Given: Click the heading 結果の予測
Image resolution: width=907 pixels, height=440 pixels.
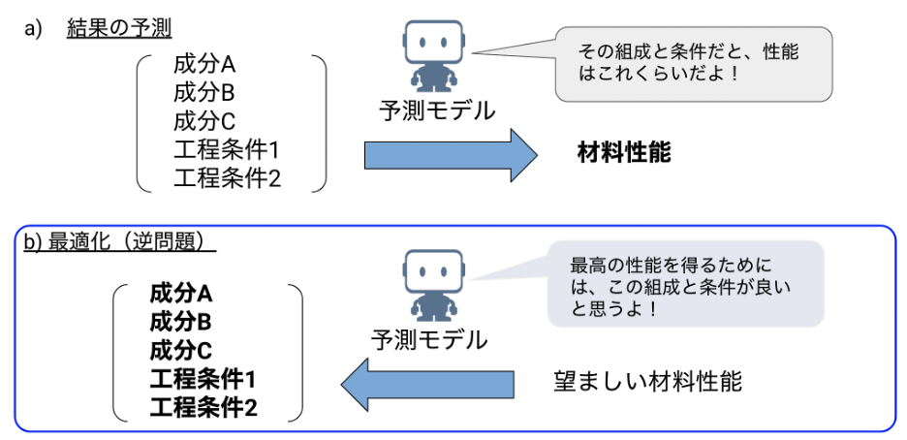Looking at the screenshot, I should pyautogui.click(x=119, y=29).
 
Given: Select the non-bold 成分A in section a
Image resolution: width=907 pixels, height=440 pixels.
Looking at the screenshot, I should pyautogui.click(x=205, y=66).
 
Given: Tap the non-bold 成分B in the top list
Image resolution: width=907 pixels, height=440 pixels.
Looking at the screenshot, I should pyautogui.click(x=205, y=94).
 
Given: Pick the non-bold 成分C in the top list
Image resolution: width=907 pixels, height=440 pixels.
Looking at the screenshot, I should pyautogui.click(x=205, y=122).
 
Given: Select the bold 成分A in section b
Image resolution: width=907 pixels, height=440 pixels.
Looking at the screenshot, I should pyautogui.click(x=181, y=293).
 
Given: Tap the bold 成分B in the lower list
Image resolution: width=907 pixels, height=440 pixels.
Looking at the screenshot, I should pyautogui.click(x=181, y=321).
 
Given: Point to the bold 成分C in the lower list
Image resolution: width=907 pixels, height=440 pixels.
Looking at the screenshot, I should pyautogui.click(x=181, y=350).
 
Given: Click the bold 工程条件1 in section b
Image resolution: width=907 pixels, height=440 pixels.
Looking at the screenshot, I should pyautogui.click(x=203, y=379).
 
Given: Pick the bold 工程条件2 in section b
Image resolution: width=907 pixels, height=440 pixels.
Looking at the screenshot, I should pyautogui.click(x=203, y=407).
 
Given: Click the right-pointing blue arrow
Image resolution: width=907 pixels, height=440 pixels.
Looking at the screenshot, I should pyautogui.click(x=451, y=155).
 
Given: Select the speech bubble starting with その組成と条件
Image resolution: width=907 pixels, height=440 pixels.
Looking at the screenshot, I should pyautogui.click(x=693, y=63).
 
